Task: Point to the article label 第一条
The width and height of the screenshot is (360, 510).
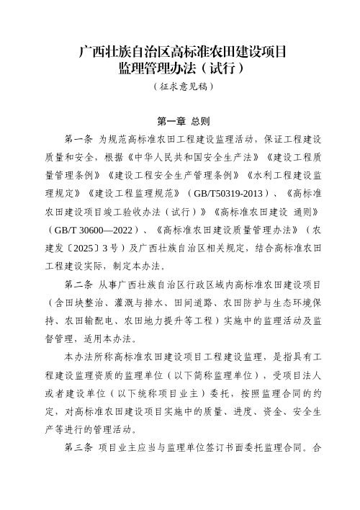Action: tap(78, 138)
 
